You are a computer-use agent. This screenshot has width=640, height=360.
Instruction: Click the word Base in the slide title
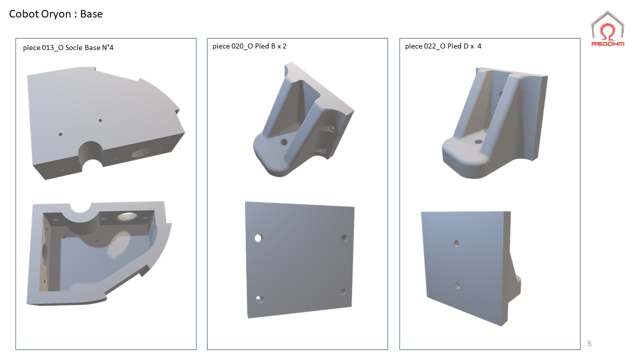pos(91,14)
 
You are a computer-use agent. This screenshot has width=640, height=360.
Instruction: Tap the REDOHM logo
pos(607,29)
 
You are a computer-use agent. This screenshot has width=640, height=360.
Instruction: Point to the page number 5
pos(589,343)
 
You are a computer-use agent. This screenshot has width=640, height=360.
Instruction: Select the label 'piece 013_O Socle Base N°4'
pos(68,47)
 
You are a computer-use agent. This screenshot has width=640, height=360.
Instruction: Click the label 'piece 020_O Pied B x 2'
pos(249,46)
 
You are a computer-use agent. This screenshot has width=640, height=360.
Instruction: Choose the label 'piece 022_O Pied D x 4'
pos(443,46)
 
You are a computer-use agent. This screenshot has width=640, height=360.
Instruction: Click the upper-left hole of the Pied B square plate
pos(258,238)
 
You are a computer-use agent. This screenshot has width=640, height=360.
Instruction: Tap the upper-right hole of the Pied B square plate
pos(344,237)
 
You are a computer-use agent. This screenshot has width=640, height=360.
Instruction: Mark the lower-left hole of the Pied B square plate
pos(259,299)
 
